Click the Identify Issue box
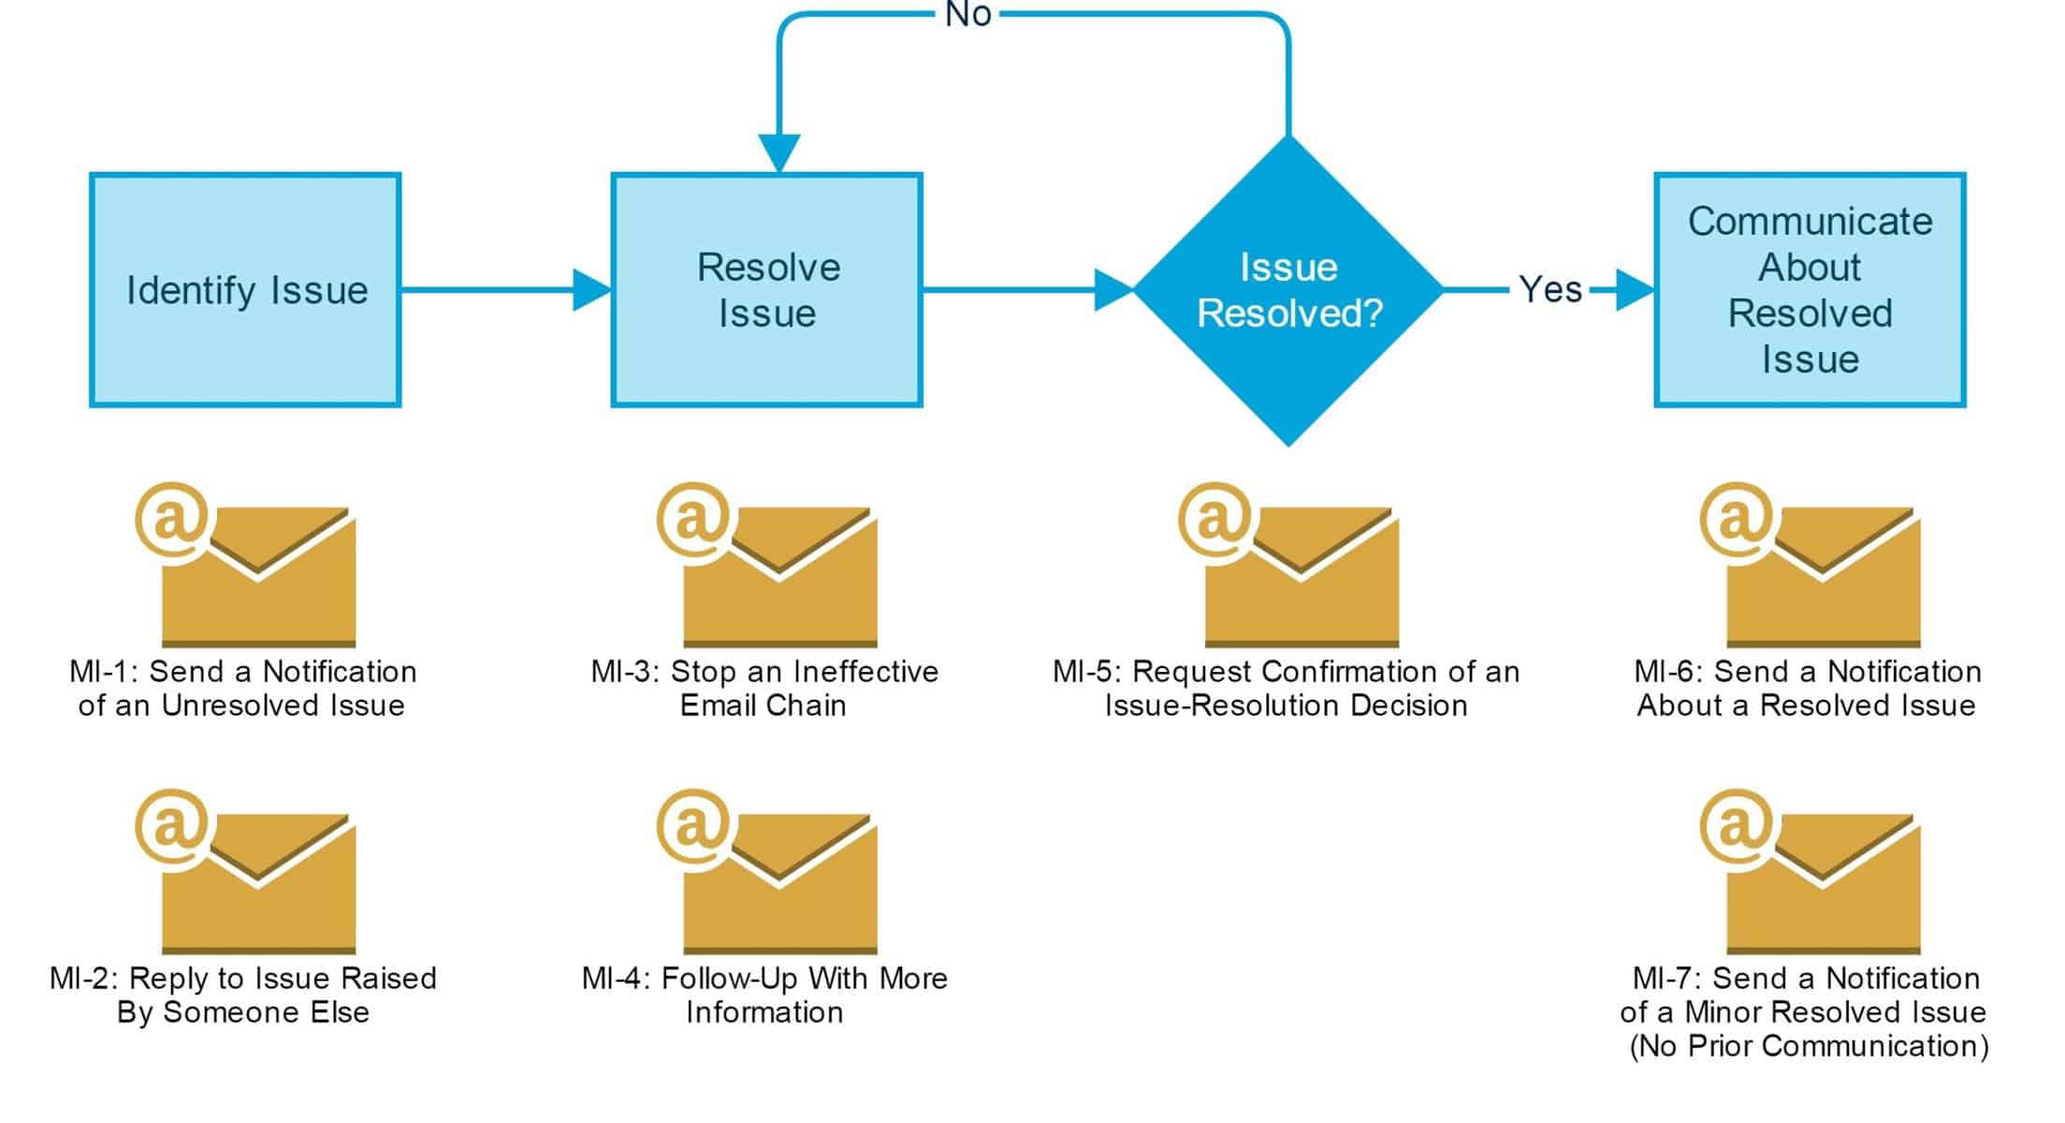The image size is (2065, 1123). [245, 290]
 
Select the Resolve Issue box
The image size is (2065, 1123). [766, 290]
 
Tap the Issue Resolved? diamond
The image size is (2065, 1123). [1288, 290]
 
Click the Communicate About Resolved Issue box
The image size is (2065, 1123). [1810, 290]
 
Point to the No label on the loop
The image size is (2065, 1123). [967, 15]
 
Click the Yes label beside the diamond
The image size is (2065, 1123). [1550, 290]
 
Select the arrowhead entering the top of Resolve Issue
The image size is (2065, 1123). [778, 153]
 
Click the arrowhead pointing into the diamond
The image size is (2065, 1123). [1113, 290]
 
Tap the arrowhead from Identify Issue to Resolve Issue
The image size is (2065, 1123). [591, 290]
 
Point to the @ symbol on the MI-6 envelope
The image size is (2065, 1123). [1737, 518]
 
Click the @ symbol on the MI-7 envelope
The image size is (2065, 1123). [1737, 825]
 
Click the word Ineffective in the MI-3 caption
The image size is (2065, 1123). [865, 672]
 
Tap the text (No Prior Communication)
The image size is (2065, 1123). [1810, 1046]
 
